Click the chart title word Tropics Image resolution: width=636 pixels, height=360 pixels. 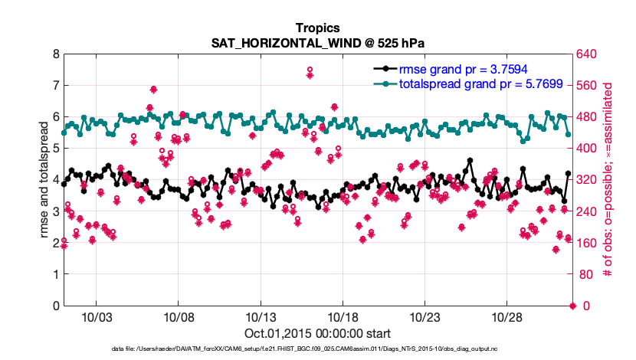pos(317,28)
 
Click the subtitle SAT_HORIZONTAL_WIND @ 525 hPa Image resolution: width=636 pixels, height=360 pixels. pos(317,43)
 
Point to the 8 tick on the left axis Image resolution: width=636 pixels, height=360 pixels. pos(56,54)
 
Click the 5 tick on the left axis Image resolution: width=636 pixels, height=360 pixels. pos(56,149)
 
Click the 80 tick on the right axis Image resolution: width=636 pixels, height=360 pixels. pos(586,274)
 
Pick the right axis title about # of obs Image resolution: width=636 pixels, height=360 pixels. pos(609,180)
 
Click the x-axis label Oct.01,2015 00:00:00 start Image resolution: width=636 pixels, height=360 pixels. pos(317,333)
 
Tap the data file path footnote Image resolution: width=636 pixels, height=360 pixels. pos(317,349)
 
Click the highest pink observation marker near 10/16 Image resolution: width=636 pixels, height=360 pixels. pos(310,70)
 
